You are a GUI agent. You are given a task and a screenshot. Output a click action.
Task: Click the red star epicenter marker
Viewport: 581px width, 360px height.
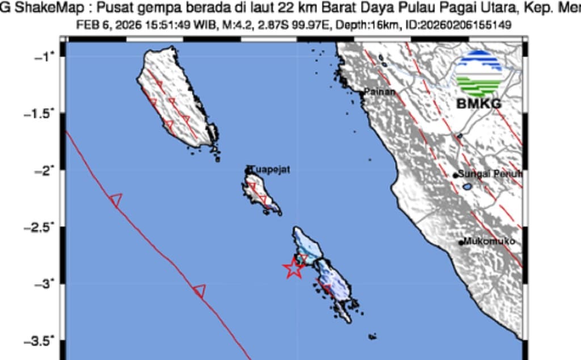[x=293, y=267]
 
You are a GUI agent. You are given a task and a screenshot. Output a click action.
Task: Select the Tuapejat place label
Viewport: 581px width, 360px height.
[x=272, y=169]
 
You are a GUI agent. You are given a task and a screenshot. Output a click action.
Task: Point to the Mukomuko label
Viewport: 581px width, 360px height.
[x=490, y=241]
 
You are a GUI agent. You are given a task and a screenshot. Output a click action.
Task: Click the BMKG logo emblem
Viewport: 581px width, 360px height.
[x=479, y=73]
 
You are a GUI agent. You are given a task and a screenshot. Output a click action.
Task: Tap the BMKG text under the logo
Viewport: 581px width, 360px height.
[x=479, y=104]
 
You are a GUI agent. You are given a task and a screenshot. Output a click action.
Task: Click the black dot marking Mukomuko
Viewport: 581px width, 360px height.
[x=461, y=242]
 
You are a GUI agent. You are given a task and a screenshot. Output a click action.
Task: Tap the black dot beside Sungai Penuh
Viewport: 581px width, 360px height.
[x=455, y=175]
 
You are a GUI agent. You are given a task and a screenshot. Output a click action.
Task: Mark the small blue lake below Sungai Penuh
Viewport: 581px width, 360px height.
[x=466, y=186]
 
